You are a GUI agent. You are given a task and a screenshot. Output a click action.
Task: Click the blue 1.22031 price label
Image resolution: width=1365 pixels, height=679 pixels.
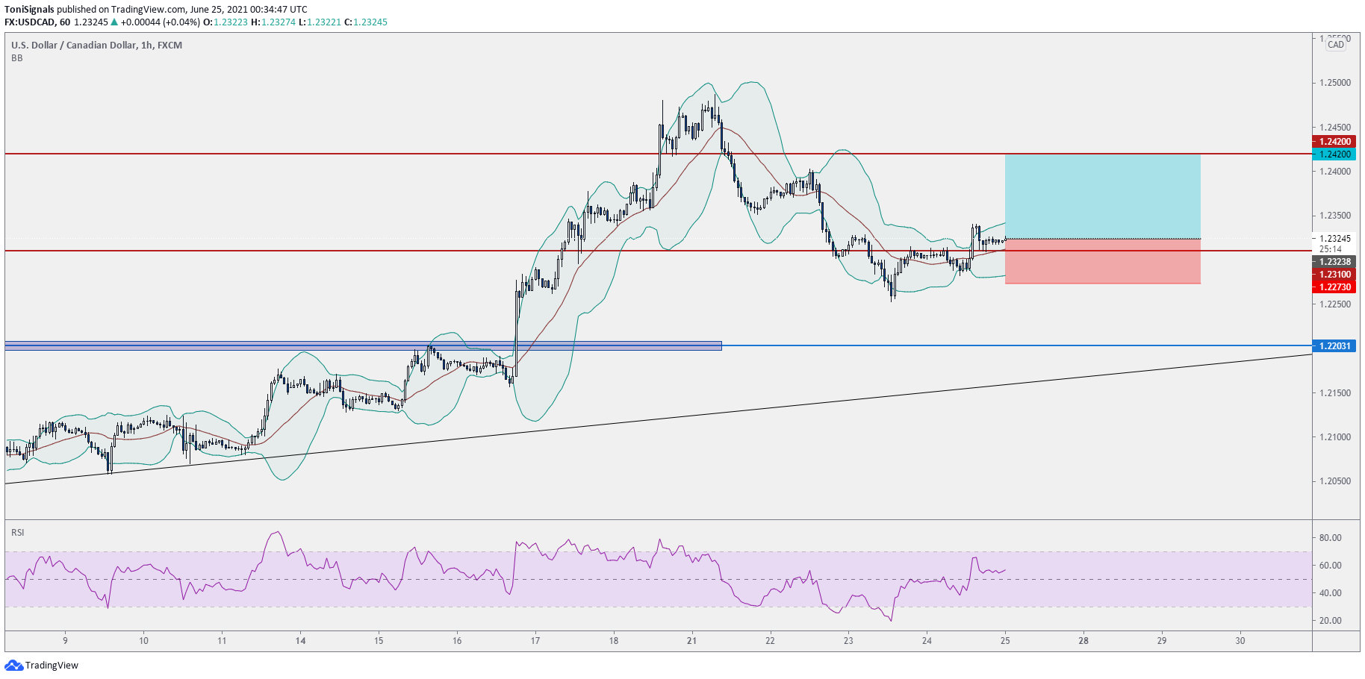click(x=1334, y=346)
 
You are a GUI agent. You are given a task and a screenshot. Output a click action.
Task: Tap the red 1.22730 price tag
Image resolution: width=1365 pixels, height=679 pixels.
click(x=1334, y=287)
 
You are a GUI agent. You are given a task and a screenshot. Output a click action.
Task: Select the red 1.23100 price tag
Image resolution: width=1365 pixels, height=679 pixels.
click(x=1334, y=275)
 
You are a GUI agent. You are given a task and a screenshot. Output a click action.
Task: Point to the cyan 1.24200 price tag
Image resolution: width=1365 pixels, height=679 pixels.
click(x=1334, y=154)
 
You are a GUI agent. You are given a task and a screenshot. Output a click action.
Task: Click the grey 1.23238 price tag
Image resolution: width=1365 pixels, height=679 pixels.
click(x=1334, y=262)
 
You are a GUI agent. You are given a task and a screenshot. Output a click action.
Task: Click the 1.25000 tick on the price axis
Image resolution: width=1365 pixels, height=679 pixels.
click(x=1334, y=83)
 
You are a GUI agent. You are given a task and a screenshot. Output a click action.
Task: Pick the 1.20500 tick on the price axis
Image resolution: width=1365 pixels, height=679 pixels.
click(x=1334, y=481)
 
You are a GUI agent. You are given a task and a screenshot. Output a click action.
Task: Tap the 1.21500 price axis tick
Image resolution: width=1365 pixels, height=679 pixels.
click(x=1334, y=393)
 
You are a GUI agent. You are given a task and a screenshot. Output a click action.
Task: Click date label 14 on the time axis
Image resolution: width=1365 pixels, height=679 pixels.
click(x=300, y=640)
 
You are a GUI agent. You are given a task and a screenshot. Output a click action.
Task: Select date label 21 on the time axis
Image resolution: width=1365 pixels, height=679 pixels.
click(x=691, y=640)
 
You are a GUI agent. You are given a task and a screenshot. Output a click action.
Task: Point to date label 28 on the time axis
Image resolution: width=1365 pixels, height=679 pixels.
click(x=1083, y=640)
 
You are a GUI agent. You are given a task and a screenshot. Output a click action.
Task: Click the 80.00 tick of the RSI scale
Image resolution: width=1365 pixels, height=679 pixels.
click(x=1330, y=538)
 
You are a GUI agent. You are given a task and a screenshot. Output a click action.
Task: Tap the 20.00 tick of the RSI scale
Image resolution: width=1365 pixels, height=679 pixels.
click(x=1330, y=621)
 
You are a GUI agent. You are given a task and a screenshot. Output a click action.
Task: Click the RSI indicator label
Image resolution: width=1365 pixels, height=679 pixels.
click(x=18, y=533)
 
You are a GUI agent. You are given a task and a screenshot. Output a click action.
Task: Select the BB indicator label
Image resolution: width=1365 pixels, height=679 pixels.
click(x=17, y=58)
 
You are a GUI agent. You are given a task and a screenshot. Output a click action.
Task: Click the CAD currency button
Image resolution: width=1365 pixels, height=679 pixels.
click(x=1336, y=45)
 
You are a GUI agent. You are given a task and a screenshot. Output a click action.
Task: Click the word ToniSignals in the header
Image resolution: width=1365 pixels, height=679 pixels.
click(x=29, y=10)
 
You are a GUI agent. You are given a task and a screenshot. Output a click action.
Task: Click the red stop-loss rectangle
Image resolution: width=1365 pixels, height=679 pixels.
click(x=1102, y=262)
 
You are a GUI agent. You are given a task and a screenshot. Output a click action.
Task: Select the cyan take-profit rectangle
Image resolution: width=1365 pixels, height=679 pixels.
click(x=1102, y=196)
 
